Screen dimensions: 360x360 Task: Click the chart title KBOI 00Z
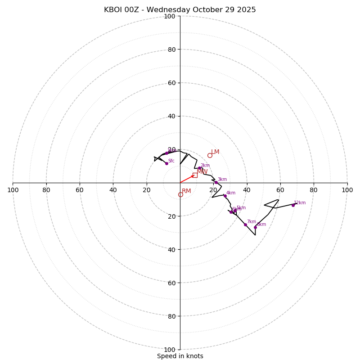click(180, 10)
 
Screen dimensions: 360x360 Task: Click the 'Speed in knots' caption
click(180, 356)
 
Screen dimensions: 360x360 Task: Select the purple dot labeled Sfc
click(166, 163)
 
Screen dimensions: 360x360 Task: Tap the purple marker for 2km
click(199, 168)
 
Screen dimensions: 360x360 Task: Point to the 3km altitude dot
click(216, 182)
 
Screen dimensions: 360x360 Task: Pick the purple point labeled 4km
click(225, 196)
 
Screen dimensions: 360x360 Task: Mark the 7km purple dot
click(245, 225)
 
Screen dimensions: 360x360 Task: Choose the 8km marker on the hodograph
click(255, 227)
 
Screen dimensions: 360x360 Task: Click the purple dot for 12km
click(293, 205)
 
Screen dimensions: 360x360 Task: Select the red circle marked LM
click(210, 156)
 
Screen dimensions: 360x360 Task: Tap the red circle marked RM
click(180, 195)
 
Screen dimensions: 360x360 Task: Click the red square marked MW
click(195, 175)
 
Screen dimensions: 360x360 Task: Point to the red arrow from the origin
click(187, 179)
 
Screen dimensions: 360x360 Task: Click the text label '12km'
click(300, 203)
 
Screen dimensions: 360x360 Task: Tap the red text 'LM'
click(215, 152)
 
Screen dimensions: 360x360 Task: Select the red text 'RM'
click(186, 191)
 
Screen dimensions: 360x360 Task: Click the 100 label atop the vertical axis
click(170, 16)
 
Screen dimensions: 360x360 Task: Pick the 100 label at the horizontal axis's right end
click(347, 190)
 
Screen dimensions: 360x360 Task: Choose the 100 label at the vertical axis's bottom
click(170, 350)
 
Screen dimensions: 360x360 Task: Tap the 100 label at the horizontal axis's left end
click(13, 190)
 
